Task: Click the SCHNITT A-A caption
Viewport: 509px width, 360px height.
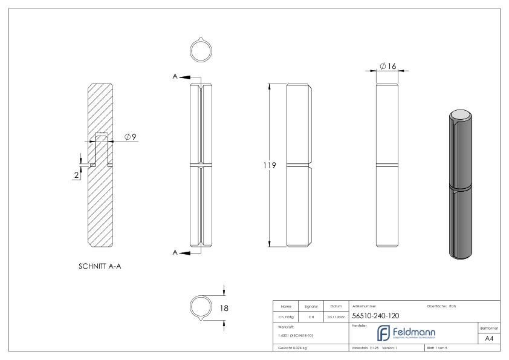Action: point(101,266)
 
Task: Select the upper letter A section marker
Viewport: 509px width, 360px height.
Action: point(175,77)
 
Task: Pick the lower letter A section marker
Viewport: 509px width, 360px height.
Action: point(175,253)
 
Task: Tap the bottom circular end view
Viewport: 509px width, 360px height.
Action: point(201,307)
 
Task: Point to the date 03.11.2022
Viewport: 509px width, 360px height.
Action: point(336,316)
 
